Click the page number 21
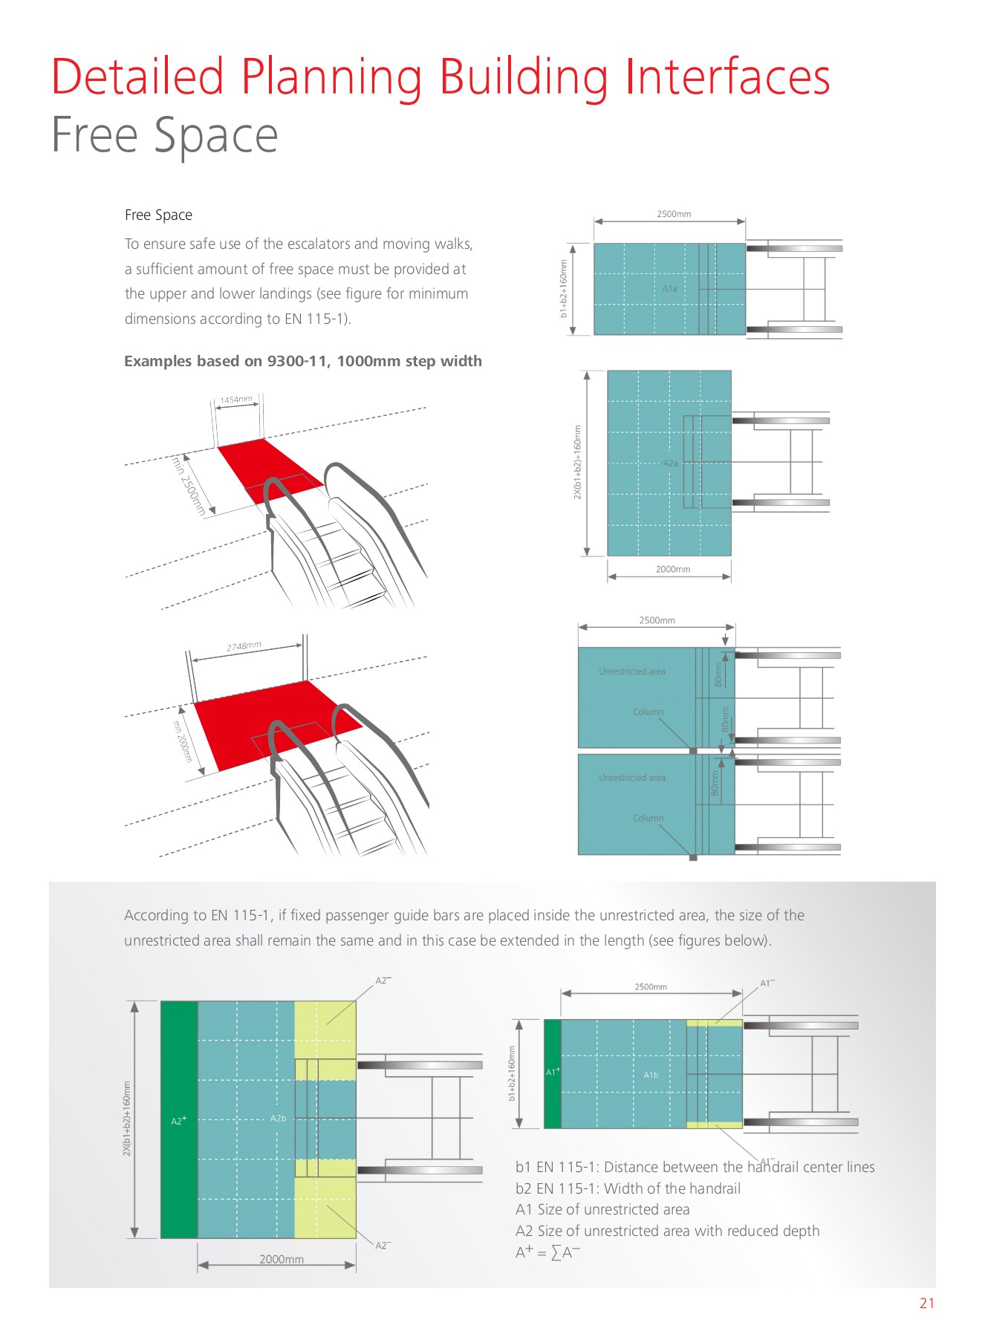(x=926, y=1303)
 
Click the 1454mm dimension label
(x=236, y=400)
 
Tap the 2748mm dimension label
(x=244, y=646)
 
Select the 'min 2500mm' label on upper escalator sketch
(x=189, y=487)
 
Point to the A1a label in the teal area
(x=669, y=288)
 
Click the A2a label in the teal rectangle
(x=670, y=463)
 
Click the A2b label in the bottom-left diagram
(x=278, y=1118)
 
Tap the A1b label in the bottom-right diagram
(x=651, y=1075)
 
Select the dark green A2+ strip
(x=179, y=1120)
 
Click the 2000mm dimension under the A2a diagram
(x=672, y=569)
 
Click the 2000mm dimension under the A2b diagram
(x=281, y=1259)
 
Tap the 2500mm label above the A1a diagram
(x=673, y=214)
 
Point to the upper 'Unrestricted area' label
(x=632, y=671)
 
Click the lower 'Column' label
(x=648, y=818)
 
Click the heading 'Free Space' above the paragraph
(x=158, y=215)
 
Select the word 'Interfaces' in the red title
(x=726, y=77)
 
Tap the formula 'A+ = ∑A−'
(x=547, y=1252)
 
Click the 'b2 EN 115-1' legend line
(x=628, y=1188)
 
